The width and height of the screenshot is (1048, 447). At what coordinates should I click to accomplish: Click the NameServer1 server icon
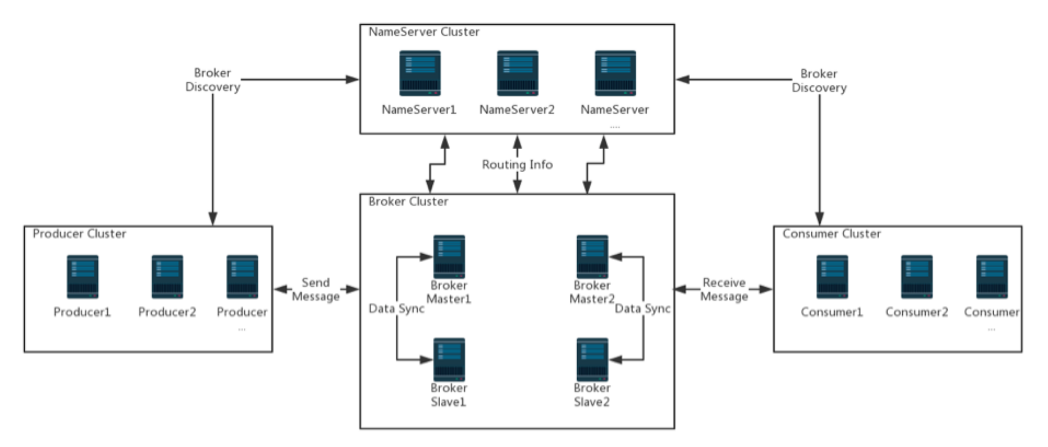point(420,73)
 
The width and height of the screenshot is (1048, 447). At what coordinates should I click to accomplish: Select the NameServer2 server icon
point(518,73)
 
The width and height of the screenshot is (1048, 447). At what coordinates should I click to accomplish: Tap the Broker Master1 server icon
point(449,257)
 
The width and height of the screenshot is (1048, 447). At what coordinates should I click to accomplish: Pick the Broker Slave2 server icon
point(592,359)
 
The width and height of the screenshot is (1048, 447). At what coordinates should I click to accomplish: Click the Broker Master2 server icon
point(592,257)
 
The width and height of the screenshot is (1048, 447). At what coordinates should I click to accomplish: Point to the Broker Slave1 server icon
point(449,359)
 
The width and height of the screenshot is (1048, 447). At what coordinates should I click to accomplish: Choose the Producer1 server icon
point(83,277)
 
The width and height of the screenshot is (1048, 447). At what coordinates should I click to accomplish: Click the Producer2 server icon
point(167,277)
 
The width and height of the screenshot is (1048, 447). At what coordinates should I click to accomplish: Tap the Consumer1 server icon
point(832,277)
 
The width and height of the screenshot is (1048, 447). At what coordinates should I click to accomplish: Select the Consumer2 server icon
point(916,277)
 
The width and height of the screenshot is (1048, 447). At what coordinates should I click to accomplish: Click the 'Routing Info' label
point(518,165)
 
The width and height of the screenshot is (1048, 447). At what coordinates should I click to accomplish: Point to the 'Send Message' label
point(316,290)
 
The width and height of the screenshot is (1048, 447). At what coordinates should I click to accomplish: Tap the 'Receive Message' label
point(724,290)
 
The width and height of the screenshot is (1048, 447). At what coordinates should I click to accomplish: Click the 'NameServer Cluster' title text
point(424,32)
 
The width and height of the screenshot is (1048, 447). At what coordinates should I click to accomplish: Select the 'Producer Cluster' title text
point(79,234)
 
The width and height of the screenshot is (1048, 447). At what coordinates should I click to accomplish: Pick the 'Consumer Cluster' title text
point(831,234)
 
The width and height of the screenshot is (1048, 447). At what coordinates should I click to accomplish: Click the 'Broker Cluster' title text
point(408,202)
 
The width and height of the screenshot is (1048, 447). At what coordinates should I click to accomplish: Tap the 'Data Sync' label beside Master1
point(397,308)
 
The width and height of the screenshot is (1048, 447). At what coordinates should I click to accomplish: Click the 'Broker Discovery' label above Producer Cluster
point(212,80)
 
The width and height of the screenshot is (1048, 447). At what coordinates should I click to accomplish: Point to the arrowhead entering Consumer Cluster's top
point(820,219)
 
